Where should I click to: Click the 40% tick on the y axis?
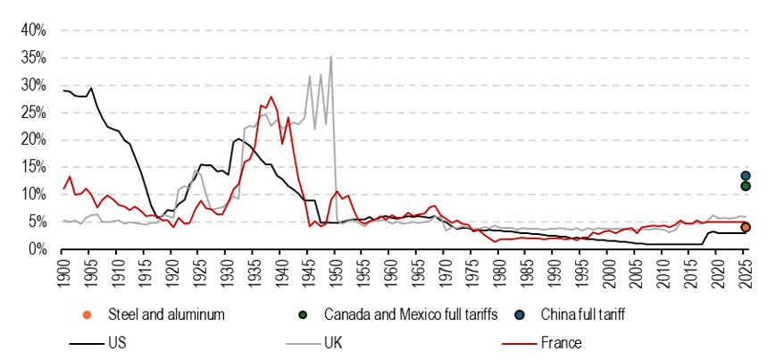[x=33, y=30]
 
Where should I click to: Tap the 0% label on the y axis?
[x=37, y=249]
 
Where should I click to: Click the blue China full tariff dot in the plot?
[x=746, y=176]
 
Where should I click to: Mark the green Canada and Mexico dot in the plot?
[x=746, y=186]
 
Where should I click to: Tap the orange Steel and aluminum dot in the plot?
[x=746, y=227]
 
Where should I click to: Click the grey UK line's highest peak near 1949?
[x=331, y=56]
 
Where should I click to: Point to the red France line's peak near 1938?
[x=271, y=96]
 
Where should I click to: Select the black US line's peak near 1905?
[x=91, y=88]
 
